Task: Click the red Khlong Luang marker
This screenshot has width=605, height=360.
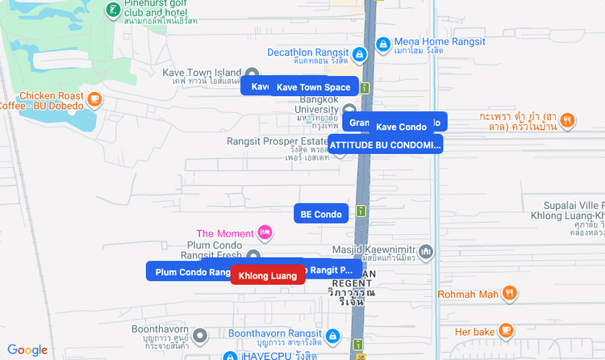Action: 268,275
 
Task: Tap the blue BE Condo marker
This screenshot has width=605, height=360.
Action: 321,214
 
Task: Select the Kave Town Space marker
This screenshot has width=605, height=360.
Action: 313,87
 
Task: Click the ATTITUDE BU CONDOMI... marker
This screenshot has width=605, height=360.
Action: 386,144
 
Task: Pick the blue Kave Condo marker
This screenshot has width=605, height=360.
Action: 402,127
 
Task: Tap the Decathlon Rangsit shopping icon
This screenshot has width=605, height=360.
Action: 360,55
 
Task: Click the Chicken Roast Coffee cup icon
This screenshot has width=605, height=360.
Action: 95,99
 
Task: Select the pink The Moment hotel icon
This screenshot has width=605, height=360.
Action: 265,234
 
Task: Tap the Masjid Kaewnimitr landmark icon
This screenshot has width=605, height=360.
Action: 426,252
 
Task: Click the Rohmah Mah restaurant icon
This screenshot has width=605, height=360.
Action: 509,294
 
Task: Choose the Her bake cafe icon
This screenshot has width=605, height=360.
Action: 506,330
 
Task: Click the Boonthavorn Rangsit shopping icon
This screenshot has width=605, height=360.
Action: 332,334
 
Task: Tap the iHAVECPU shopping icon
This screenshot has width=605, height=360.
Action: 229,356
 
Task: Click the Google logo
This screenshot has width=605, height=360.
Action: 27,350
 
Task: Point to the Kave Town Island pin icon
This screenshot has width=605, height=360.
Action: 252,73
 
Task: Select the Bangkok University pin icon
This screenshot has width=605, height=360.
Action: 349,111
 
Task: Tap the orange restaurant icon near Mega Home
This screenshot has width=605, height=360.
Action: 568,121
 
